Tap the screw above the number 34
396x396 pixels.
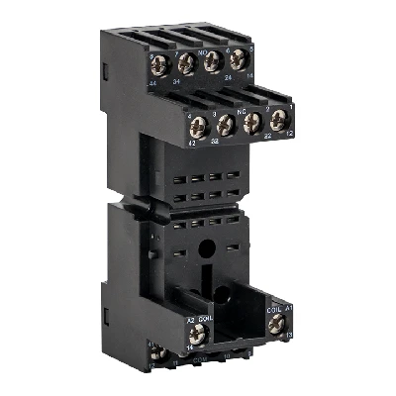click(185, 67)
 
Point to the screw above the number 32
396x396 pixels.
click(226, 125)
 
